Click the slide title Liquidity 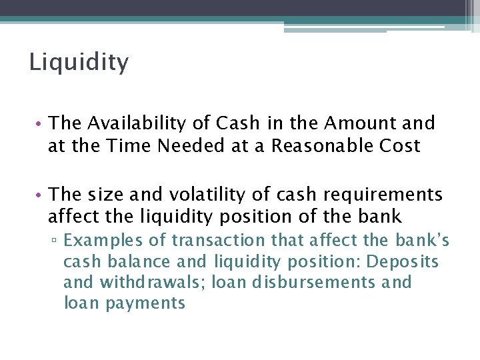(x=79, y=63)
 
